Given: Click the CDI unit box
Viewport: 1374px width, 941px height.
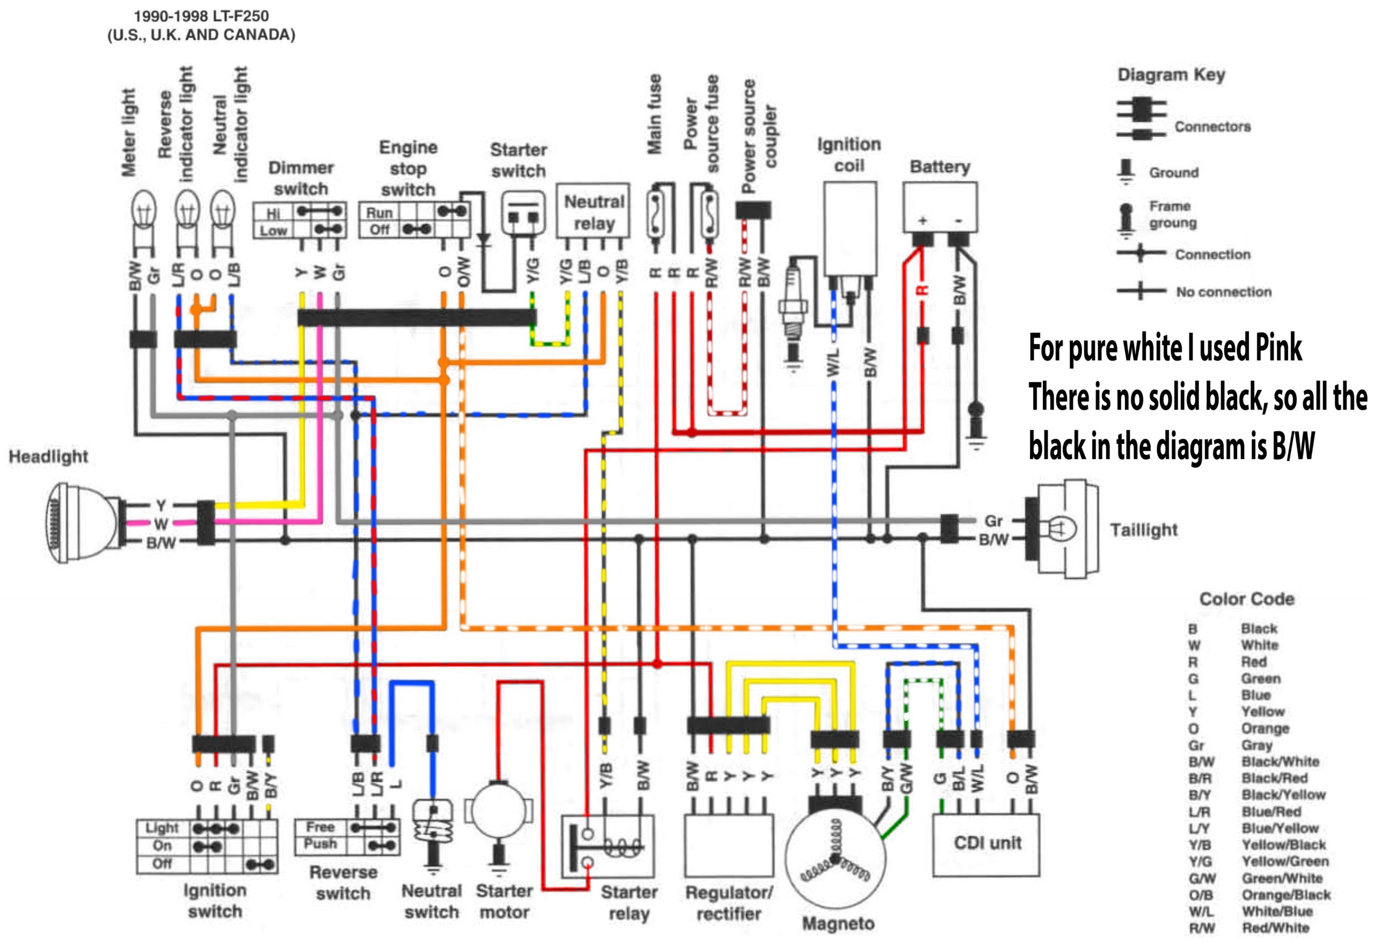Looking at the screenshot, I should [x=985, y=844].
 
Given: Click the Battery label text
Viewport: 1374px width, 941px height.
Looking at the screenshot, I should [x=939, y=167].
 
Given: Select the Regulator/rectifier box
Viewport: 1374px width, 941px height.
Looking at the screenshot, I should [x=728, y=846].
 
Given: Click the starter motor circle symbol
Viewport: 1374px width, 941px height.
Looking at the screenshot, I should [x=499, y=810].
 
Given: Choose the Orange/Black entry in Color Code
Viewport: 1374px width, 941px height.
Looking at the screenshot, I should [x=1286, y=894].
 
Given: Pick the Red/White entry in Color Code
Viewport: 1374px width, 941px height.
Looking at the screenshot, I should [x=1275, y=928].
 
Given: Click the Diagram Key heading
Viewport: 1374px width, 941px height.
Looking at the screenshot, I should [x=1171, y=75].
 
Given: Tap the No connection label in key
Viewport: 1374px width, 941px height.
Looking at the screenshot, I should [x=1223, y=292].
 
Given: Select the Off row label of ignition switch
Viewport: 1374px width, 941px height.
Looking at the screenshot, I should [x=162, y=864].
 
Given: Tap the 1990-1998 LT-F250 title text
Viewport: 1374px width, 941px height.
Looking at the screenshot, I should [x=201, y=16].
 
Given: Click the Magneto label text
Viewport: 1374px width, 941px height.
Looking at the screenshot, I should [x=838, y=923].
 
